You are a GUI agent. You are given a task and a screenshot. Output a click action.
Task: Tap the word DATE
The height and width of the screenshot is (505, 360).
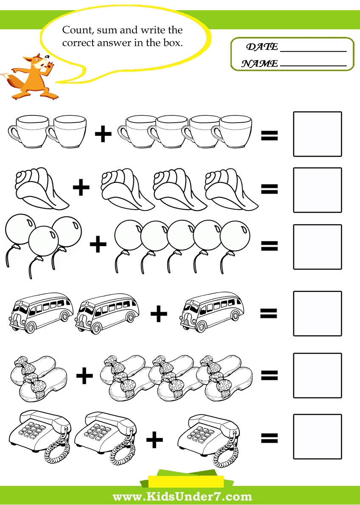[262, 47]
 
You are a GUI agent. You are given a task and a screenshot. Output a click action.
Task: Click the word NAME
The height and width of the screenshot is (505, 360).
[259, 64]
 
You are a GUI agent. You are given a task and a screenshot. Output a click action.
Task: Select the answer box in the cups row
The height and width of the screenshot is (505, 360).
[317, 134]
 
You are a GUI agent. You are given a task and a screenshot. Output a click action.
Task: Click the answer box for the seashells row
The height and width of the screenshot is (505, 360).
[317, 190]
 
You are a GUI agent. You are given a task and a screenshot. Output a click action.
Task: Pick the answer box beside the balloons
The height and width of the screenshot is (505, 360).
[317, 247]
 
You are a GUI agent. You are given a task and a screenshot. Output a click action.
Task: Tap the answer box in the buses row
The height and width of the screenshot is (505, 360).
[317, 313]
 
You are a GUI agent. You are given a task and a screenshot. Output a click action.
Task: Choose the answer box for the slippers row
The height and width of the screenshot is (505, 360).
[317, 375]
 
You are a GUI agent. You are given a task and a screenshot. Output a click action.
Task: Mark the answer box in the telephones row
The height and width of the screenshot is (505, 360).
[317, 437]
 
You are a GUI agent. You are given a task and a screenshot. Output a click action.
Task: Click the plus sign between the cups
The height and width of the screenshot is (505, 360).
[103, 134]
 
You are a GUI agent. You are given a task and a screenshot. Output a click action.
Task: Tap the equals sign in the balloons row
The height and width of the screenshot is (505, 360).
[269, 246]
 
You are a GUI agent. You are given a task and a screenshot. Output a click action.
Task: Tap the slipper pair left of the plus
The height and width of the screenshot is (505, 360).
[38, 378]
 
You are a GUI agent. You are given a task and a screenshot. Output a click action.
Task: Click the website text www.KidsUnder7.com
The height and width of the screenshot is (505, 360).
[182, 496]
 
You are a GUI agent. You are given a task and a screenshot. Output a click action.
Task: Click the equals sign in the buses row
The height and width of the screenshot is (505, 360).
[269, 313]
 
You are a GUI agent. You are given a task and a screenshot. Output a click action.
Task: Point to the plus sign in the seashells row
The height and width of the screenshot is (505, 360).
[82, 187]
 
